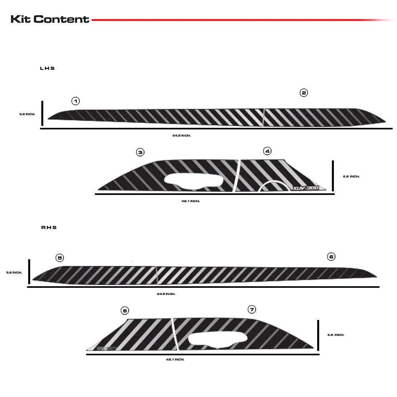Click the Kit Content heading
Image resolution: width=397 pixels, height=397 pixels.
click(50, 19)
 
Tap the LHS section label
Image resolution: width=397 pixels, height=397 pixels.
click(47, 68)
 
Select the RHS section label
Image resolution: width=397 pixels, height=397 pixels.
click(49, 227)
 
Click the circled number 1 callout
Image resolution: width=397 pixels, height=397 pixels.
click(75, 101)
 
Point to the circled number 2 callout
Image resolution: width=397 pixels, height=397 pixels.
click(304, 93)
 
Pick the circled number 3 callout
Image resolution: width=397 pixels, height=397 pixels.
click(140, 152)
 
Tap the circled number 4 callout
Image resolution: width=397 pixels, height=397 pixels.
click(267, 151)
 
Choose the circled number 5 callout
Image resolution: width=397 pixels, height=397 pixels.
click(60, 258)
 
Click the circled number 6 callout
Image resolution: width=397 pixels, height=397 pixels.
click(331, 256)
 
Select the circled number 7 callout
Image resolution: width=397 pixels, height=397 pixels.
click(251, 309)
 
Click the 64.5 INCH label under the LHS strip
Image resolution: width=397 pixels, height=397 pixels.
click(181, 135)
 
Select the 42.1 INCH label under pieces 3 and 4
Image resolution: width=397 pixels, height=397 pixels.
click(190, 201)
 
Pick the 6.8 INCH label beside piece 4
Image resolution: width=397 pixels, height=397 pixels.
click(351, 176)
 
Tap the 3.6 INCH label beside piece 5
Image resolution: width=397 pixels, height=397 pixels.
click(14, 273)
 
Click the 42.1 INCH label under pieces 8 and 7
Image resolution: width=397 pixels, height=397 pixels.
click(175, 359)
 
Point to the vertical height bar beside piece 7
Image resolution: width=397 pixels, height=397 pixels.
click(318, 335)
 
